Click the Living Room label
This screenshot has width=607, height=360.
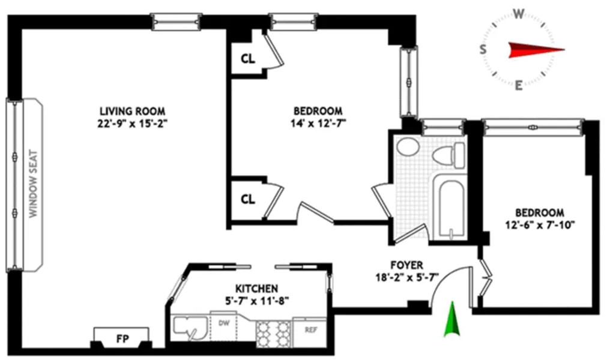(x=132, y=111)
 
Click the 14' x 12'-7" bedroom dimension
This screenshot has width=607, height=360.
(x=318, y=123)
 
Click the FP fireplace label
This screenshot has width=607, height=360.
(x=121, y=338)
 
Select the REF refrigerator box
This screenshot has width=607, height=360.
(x=311, y=329)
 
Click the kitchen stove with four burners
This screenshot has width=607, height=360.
(x=274, y=333)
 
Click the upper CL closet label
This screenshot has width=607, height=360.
(x=247, y=59)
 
